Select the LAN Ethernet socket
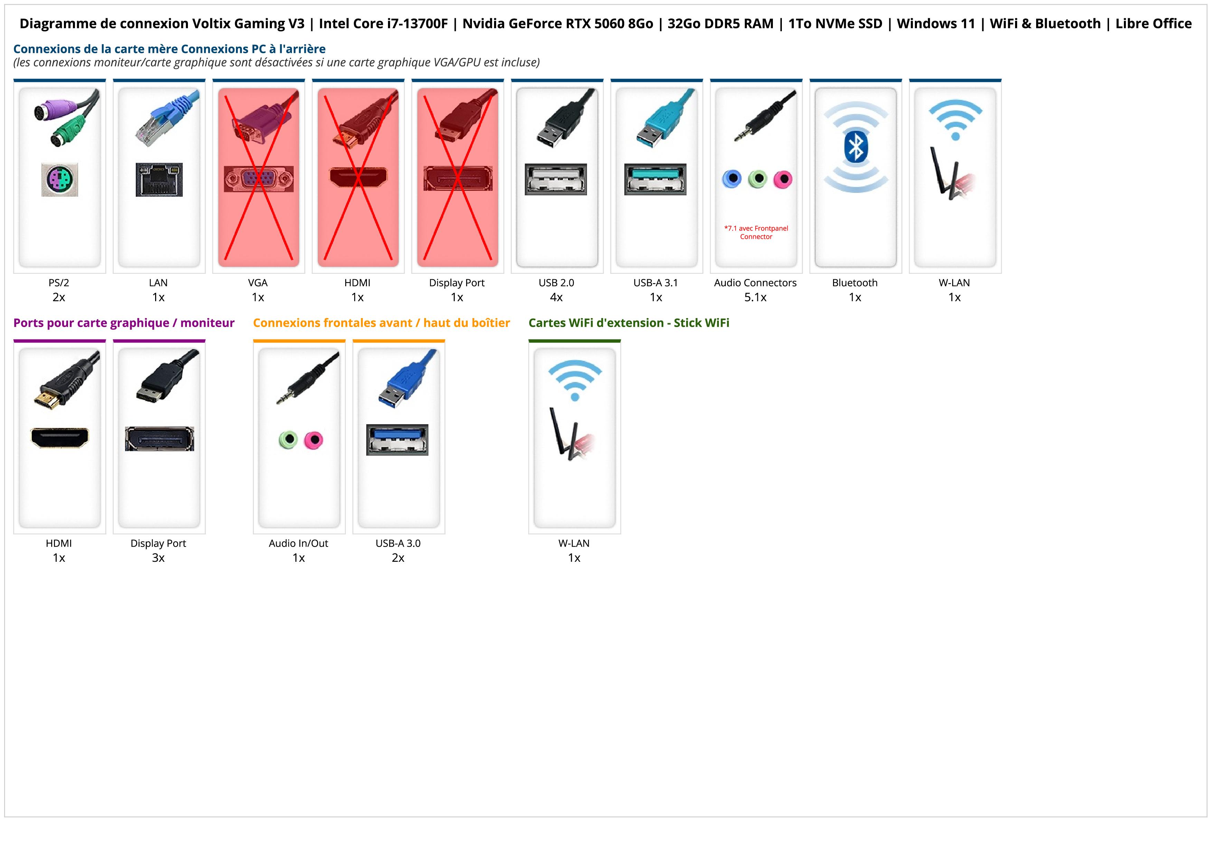(x=159, y=179)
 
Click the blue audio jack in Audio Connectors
(x=732, y=179)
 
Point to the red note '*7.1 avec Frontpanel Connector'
(x=756, y=232)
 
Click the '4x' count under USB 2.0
(x=556, y=297)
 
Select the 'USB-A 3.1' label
(x=656, y=282)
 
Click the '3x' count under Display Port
(x=158, y=558)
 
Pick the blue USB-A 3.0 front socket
(x=397, y=439)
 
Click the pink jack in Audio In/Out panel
(x=314, y=439)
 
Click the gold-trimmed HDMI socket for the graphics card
(x=60, y=438)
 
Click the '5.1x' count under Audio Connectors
(x=755, y=297)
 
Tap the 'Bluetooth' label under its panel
(x=855, y=282)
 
